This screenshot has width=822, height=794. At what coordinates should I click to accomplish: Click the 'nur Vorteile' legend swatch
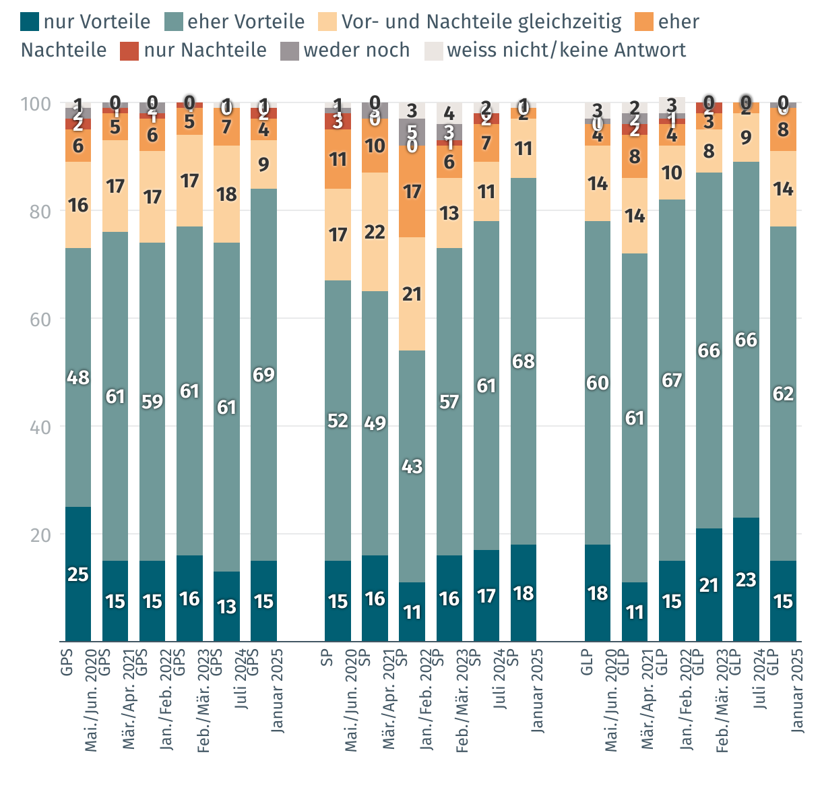tap(30, 22)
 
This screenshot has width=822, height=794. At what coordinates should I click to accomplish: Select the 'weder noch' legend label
tap(356, 51)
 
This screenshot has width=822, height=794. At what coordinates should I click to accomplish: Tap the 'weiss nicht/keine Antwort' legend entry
tap(566, 51)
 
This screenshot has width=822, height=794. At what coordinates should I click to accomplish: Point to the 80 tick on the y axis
tap(39, 212)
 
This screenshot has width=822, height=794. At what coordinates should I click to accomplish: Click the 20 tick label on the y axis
tap(39, 535)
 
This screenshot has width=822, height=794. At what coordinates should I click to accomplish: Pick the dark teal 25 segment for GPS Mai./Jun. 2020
tap(78, 574)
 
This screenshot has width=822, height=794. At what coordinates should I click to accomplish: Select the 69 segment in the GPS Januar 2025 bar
tap(263, 375)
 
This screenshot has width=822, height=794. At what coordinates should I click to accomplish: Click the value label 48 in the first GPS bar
tap(78, 377)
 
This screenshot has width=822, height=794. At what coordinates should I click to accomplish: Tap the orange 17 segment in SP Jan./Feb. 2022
tap(412, 191)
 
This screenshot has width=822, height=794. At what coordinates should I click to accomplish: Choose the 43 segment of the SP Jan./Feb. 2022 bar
tap(412, 466)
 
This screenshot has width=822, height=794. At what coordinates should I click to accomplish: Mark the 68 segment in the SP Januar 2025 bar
tap(524, 361)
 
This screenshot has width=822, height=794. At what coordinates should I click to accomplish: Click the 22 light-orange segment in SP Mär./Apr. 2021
tap(375, 232)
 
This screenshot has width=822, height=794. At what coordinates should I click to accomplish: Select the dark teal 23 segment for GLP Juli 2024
tap(746, 580)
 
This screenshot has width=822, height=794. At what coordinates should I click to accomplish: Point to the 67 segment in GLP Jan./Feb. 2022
tap(672, 380)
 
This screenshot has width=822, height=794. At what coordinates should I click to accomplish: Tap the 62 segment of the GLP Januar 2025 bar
tap(783, 394)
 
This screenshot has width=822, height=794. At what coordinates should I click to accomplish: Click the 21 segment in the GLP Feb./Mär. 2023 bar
tap(709, 585)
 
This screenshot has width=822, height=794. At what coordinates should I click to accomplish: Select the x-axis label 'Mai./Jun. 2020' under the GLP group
tap(611, 701)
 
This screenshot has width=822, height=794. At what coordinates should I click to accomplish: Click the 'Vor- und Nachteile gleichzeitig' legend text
tap(481, 22)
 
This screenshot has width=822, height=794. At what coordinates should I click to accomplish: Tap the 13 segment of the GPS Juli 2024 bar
tap(226, 607)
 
